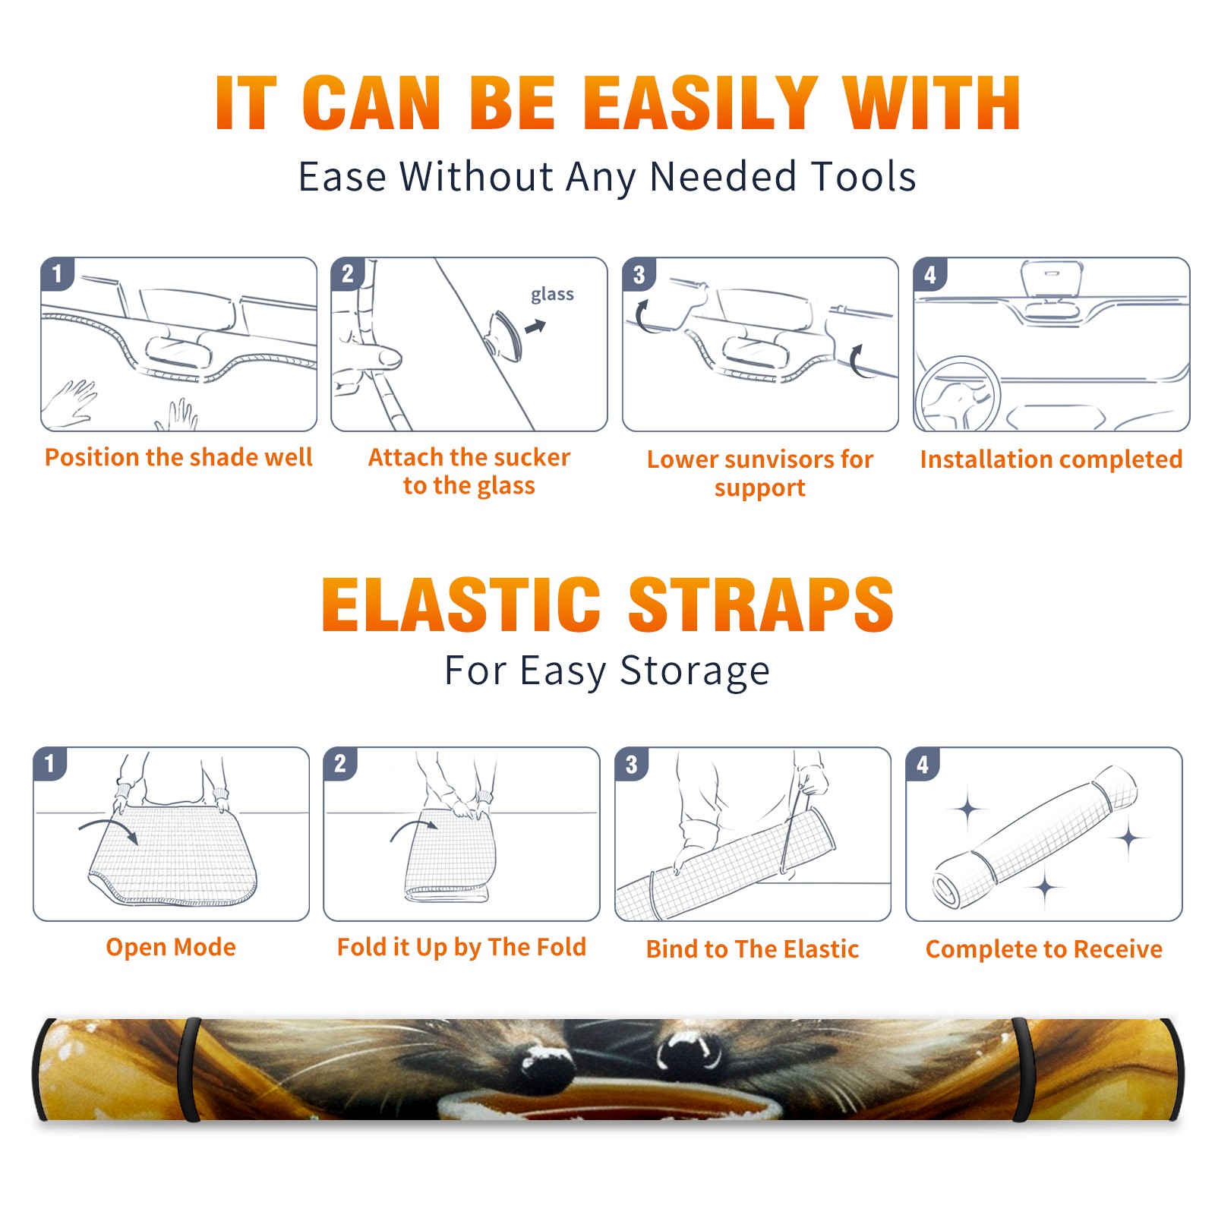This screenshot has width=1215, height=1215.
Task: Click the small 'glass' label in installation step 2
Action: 552,294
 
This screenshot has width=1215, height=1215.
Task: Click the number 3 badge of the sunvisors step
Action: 639,274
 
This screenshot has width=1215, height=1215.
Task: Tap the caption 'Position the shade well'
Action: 178,457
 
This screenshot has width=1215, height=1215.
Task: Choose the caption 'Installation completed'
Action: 1051,459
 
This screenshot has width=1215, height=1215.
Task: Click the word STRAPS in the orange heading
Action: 761,604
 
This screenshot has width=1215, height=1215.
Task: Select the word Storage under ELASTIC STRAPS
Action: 695,671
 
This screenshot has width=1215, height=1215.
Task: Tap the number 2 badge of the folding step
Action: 339,763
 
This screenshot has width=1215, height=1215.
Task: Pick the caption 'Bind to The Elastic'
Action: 752,949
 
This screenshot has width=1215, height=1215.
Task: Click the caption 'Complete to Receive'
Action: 1044,949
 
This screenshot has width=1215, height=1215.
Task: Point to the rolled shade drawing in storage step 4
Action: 1035,838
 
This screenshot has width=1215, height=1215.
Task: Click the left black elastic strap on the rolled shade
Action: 188,1070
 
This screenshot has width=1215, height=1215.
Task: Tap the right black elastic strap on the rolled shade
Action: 1023,1070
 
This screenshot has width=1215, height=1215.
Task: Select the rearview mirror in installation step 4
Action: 1052,279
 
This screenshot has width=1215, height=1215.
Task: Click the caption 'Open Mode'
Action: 171,947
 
